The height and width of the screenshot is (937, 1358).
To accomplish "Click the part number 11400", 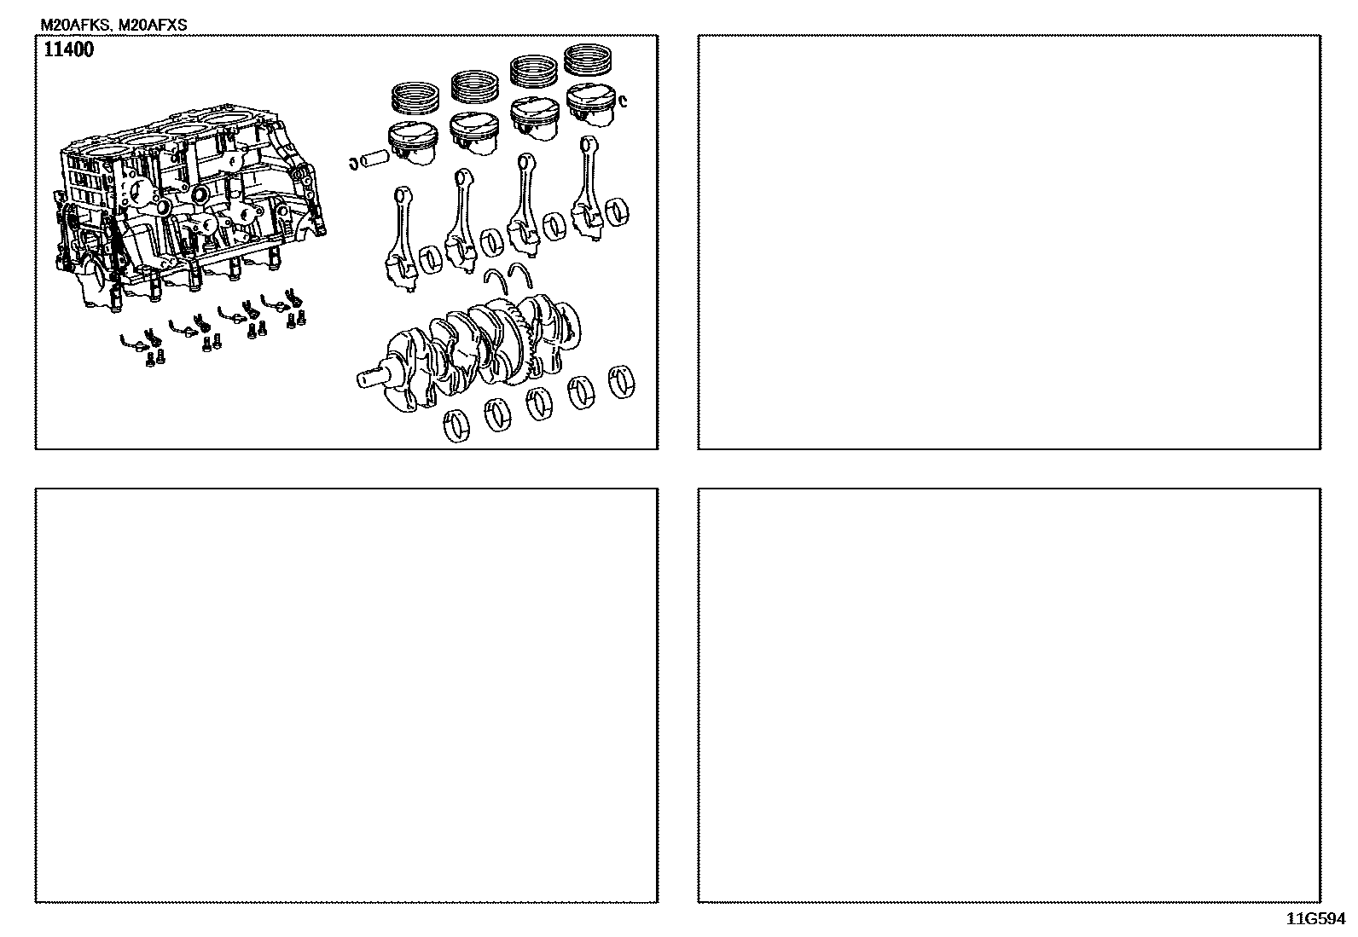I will click(x=69, y=49).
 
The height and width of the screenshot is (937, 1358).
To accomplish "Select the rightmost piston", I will click(x=592, y=105).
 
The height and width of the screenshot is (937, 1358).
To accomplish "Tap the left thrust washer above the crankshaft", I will click(x=495, y=282).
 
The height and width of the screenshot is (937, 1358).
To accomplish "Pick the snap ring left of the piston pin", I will click(x=353, y=163).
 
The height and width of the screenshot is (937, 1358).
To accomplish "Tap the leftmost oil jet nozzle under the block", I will click(x=132, y=340).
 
